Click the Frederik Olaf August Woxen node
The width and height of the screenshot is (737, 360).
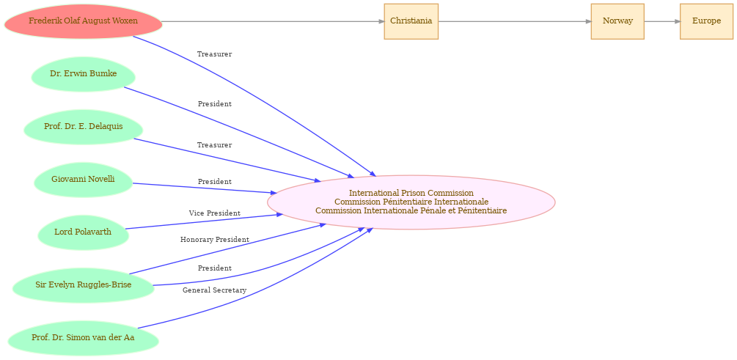coord(83,21)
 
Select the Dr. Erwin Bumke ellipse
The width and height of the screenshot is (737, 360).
coord(83,74)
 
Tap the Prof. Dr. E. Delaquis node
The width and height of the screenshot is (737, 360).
coord(83,127)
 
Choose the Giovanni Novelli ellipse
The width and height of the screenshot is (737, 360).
coord(83,180)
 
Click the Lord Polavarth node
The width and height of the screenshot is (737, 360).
coord(83,232)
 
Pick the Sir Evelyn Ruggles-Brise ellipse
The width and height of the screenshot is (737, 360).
coord(83,285)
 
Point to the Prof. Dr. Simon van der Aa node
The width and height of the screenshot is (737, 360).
coord(83,338)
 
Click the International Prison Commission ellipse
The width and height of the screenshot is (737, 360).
coord(411,202)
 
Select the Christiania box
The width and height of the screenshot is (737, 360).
coord(411,21)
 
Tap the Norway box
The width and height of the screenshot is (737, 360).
coord(617,21)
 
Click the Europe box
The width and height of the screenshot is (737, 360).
coord(706,21)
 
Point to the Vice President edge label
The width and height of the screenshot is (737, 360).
coord(215,213)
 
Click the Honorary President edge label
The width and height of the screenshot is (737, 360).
coord(215,240)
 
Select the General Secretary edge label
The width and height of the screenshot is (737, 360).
coord(215,290)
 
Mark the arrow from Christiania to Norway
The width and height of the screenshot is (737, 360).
coord(515,21)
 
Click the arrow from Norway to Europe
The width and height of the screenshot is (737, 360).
coord(661,21)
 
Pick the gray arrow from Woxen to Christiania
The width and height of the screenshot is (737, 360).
coord(273,21)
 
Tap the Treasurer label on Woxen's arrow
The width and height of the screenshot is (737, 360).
coord(215,54)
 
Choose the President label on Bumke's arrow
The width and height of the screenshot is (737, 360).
coord(215,104)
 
